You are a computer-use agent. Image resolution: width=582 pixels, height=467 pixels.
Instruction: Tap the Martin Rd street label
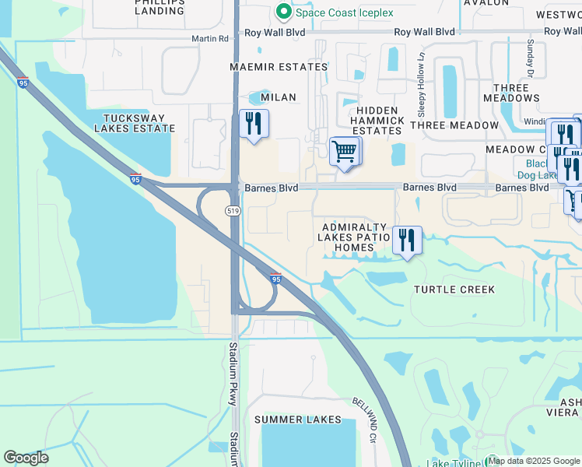(212, 38)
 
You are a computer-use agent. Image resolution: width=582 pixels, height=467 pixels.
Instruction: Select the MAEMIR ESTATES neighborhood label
(279, 67)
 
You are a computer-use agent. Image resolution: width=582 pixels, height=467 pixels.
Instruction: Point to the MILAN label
(279, 97)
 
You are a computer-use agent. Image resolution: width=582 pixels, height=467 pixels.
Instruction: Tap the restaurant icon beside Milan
(254, 125)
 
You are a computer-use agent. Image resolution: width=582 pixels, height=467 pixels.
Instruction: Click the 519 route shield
(233, 211)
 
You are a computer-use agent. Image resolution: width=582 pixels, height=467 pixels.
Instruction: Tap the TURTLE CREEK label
(454, 290)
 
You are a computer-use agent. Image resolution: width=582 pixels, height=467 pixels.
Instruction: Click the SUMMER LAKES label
(298, 420)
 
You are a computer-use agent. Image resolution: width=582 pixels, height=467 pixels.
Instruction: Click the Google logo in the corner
(26, 458)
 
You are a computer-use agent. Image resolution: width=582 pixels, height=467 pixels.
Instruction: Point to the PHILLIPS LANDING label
(159, 6)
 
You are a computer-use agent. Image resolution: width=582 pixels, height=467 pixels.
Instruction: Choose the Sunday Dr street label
(530, 58)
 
